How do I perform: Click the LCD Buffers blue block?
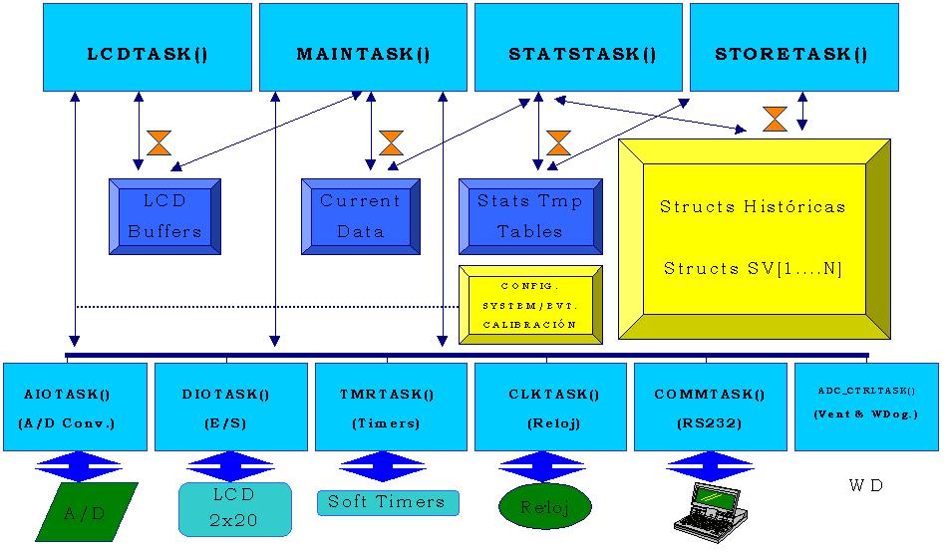click(x=164, y=216)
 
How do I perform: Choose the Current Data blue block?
click(x=360, y=216)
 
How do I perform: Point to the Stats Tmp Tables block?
click(x=530, y=216)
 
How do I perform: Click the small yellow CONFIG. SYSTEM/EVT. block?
click(x=530, y=305)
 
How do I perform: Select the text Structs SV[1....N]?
click(x=753, y=269)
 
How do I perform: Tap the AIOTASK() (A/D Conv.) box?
click(x=75, y=407)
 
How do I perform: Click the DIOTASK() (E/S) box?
click(x=230, y=407)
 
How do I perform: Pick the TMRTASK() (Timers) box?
click(x=390, y=407)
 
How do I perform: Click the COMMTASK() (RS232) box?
click(x=710, y=407)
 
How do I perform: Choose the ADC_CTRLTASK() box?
click(x=865, y=407)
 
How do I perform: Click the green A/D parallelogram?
click(x=86, y=512)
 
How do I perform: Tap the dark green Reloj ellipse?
click(x=544, y=507)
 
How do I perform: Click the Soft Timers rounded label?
click(x=388, y=502)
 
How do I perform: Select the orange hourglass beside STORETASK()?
click(x=775, y=119)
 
